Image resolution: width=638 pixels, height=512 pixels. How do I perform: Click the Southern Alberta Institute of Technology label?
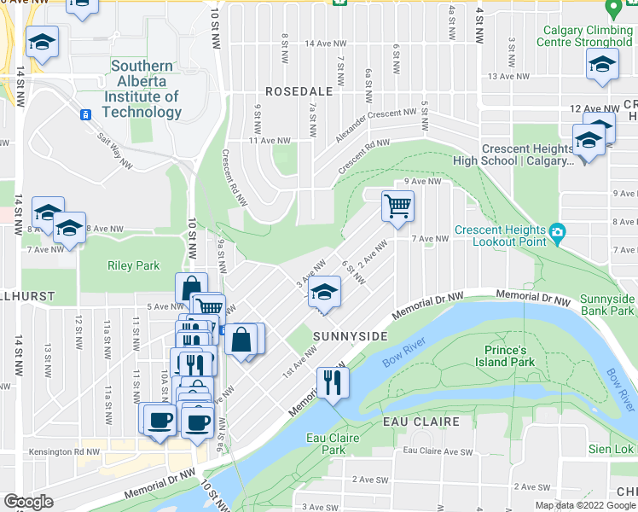click(x=142, y=89)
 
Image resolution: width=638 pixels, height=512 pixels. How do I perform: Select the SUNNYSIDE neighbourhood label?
click(x=350, y=336)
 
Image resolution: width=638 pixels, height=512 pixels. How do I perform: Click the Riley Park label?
click(x=129, y=265)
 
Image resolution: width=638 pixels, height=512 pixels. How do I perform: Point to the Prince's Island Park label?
click(x=497, y=356)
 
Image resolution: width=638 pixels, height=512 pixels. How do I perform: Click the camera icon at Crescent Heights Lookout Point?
click(x=558, y=231)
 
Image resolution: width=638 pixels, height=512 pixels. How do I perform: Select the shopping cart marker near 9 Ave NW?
click(x=397, y=206)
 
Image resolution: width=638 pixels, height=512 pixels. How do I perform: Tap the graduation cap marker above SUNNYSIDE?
click(x=324, y=292)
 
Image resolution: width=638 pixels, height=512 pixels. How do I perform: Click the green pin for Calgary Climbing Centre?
click(x=612, y=10)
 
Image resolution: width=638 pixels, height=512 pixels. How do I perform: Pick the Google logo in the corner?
click(x=28, y=502)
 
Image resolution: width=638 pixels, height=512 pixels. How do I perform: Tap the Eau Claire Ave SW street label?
click(x=437, y=450)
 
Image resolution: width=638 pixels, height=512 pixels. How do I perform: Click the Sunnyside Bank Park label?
click(x=606, y=305)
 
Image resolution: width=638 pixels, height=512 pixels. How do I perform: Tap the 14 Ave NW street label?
click(x=326, y=43)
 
